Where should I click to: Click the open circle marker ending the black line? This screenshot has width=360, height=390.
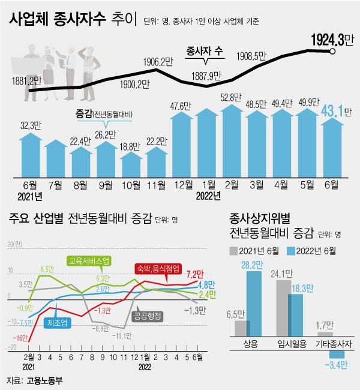(332, 52)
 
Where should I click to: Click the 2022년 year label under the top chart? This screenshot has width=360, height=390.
(209, 196)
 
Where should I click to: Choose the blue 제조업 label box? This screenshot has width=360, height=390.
(57, 322)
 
